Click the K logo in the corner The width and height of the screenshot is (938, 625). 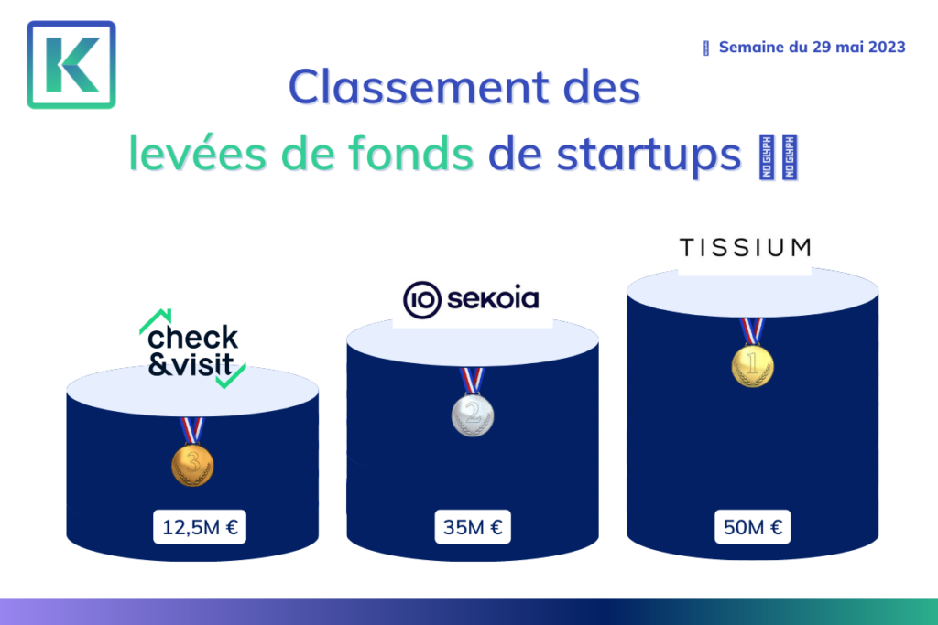coord(71,65)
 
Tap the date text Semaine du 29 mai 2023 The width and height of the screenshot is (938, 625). coord(812,48)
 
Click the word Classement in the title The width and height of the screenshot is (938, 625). coord(419,87)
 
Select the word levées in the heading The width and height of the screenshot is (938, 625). coord(198,154)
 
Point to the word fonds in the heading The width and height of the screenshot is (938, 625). coord(411,153)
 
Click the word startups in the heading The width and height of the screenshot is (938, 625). coord(649,156)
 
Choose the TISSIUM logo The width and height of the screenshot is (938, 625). coord(746,247)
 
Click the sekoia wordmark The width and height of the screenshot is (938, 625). coord(493,298)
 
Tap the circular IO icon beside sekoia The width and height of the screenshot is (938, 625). coord(421,299)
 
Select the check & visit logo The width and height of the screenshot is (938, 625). coord(192,349)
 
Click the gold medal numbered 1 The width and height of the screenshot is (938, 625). coord(753,366)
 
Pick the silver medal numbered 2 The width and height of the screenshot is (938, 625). coord(473,415)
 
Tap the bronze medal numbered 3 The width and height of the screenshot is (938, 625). coord(192,465)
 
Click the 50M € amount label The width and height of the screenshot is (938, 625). coord(753,527)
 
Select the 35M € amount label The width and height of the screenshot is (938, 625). coord(473,527)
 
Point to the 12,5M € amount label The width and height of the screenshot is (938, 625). coord(200,527)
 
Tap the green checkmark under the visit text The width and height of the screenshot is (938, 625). coord(231,376)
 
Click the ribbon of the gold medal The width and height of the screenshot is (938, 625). coord(752,331)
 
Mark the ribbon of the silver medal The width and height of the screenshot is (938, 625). coord(472,381)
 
